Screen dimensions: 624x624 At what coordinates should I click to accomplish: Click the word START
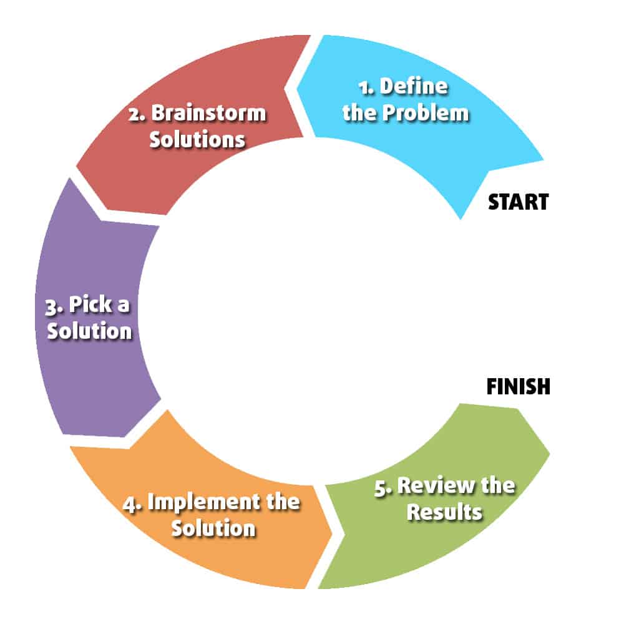click(x=517, y=202)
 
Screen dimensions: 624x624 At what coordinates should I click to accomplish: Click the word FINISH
click(x=518, y=386)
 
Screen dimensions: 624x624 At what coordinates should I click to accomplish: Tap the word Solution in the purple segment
click(x=90, y=331)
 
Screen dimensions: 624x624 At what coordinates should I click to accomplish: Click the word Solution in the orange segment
click(x=213, y=528)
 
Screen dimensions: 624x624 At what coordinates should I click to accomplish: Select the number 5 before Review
click(x=381, y=487)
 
